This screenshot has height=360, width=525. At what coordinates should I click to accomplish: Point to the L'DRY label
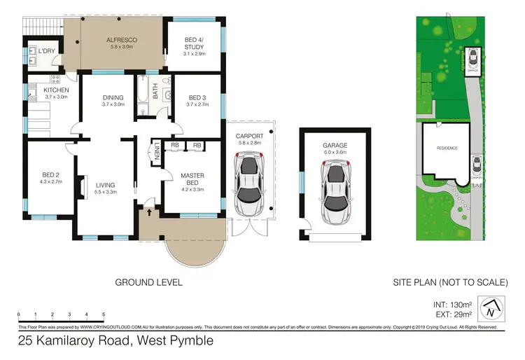[47, 51]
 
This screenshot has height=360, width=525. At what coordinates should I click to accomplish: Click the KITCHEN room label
[56, 90]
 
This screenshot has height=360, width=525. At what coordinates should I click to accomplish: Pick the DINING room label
[113, 98]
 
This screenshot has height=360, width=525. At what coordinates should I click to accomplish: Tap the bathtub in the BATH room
[144, 99]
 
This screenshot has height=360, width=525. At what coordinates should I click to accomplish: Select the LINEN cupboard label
[157, 151]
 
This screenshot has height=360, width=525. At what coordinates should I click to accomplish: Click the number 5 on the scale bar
[104, 314]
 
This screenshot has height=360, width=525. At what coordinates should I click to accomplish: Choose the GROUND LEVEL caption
[148, 282]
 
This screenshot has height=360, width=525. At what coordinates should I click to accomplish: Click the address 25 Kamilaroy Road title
[115, 342]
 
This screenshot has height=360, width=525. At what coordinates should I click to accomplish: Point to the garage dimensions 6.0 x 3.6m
[335, 152]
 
